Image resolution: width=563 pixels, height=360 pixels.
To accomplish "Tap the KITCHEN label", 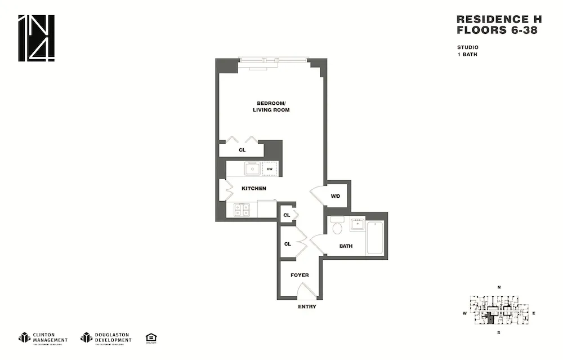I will (x=254, y=188).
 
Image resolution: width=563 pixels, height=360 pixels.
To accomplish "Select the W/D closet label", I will (x=336, y=196).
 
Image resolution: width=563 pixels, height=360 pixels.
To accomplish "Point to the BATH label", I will (x=346, y=246).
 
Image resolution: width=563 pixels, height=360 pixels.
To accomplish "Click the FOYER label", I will (x=300, y=275).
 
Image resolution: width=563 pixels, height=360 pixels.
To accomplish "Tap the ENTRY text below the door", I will (x=307, y=307).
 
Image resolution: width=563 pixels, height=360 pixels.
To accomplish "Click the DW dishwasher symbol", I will (x=270, y=168).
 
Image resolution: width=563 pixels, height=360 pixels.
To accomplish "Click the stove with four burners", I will (x=242, y=210).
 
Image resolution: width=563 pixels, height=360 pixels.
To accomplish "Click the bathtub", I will (x=375, y=238).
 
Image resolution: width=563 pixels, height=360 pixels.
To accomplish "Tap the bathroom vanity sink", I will (x=357, y=224).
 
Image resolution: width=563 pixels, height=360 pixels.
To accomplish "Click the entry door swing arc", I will (x=307, y=291).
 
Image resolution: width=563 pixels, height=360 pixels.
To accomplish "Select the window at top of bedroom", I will (x=273, y=59).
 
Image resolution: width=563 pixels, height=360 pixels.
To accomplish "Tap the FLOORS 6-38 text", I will (x=496, y=30).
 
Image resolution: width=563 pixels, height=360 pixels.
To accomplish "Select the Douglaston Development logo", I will (x=106, y=337).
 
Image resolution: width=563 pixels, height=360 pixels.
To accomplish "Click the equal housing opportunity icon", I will (x=151, y=337).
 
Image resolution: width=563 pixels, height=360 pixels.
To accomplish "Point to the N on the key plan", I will (x=499, y=288).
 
